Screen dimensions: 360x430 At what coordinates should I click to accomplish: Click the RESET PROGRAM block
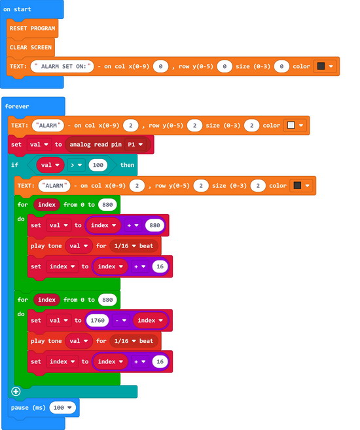[x=32, y=28]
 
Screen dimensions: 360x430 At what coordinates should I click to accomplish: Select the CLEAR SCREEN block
[x=30, y=47]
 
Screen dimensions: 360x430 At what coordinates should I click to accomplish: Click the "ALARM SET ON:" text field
[x=62, y=66]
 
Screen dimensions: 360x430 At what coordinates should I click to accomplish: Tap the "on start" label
[x=17, y=9]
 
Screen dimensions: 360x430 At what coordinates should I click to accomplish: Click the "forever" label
[x=17, y=107]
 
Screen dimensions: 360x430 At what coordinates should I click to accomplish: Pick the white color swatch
[x=291, y=125]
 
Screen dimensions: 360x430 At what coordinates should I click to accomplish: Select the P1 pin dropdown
[x=135, y=145]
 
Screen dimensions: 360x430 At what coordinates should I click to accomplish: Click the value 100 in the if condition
[x=98, y=165]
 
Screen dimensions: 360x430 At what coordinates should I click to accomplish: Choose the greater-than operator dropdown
[x=76, y=165]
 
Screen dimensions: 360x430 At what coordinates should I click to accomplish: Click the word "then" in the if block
[x=127, y=165]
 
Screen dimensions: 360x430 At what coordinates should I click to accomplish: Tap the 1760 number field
[x=98, y=320]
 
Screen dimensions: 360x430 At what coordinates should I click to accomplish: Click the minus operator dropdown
[x=120, y=320]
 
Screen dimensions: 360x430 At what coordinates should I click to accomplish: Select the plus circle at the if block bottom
[x=16, y=391]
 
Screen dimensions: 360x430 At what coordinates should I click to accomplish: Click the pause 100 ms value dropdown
[x=63, y=408]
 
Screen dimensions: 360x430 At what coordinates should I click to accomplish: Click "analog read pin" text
[x=96, y=145]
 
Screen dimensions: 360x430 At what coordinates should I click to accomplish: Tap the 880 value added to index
[x=154, y=225]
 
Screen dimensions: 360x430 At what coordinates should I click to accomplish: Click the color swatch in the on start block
[x=321, y=66]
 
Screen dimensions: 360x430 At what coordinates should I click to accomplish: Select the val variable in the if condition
[x=50, y=165]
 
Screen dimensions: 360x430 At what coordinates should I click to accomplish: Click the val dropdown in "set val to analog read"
[x=39, y=145]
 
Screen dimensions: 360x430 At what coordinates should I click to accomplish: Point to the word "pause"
[x=20, y=408]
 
